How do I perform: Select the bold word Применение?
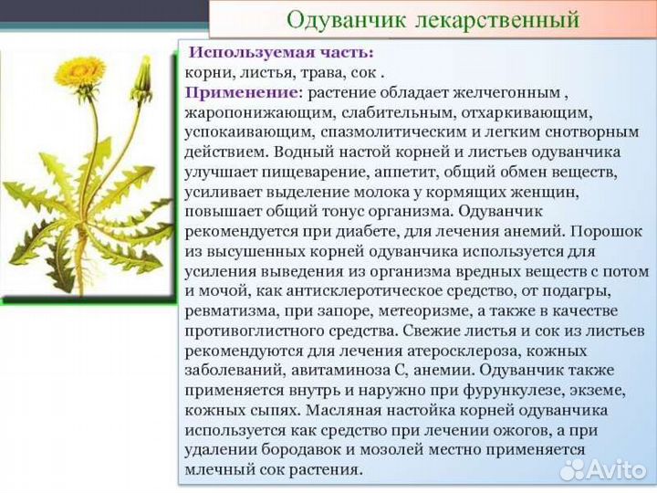pyautogui.click(x=241, y=92)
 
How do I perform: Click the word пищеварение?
pyautogui.click(x=329, y=172)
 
